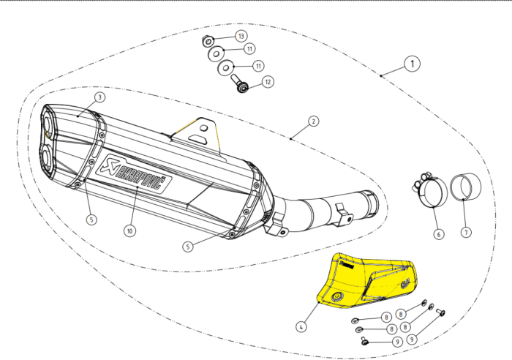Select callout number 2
[312, 121]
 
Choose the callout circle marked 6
[437, 234]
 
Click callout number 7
[466, 232]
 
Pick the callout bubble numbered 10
[129, 230]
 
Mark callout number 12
[267, 83]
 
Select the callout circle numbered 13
[241, 35]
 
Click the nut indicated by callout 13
[208, 40]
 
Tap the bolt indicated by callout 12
[240, 86]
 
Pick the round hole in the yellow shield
[339, 296]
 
